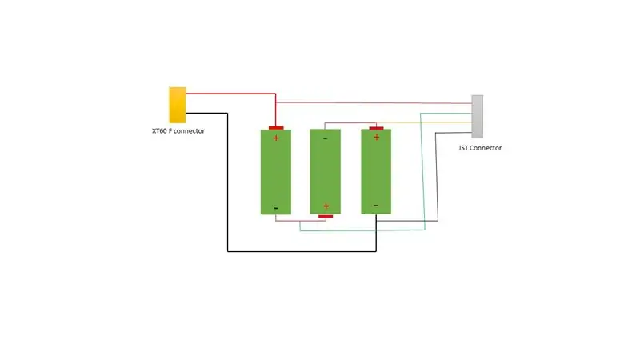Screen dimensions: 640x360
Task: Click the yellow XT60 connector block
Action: click(178, 105)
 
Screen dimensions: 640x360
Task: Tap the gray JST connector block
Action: click(477, 117)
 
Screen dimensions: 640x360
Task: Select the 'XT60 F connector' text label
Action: click(178, 131)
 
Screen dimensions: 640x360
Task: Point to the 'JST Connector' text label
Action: click(479, 148)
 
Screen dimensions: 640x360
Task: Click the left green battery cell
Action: click(276, 172)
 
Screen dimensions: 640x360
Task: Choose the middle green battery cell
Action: click(326, 171)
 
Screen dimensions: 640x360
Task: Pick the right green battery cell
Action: click(376, 171)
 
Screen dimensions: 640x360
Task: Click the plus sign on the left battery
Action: click(276, 138)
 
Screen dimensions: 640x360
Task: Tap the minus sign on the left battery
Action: click(276, 208)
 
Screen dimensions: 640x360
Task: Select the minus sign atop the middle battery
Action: click(326, 138)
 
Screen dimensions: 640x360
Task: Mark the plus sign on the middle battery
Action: click(326, 206)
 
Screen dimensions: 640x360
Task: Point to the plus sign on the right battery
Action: click(377, 138)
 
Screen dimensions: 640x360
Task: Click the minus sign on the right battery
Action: click(376, 206)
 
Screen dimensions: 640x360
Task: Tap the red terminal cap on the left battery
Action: click(276, 128)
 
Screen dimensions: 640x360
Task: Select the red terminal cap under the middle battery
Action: click(326, 216)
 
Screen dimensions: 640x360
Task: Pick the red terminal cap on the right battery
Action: click(376, 128)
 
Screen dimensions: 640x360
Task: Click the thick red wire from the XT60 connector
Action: click(245, 94)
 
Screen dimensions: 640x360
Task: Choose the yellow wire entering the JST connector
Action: click(425, 122)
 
